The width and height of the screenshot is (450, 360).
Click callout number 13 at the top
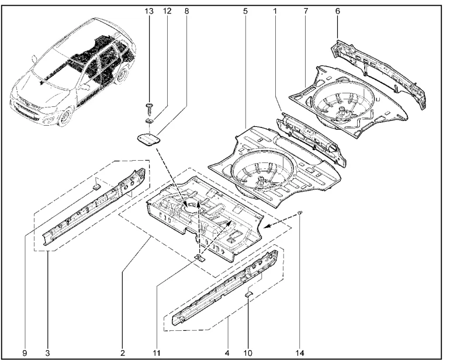149,11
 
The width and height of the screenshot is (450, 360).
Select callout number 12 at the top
167,11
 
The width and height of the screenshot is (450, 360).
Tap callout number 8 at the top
186,11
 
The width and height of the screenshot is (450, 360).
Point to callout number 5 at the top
245,11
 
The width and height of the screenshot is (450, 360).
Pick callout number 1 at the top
275,11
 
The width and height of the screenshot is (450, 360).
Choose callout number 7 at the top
306,11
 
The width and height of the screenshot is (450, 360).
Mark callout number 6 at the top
338,11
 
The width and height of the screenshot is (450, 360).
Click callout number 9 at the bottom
25,353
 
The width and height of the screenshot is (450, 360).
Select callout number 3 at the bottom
48,353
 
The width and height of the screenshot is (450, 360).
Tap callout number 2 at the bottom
123,353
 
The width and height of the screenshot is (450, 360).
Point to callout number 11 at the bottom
157,353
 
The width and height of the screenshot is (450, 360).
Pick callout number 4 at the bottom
227,353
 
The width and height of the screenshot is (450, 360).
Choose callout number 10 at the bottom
248,353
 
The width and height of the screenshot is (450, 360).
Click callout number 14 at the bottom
300,353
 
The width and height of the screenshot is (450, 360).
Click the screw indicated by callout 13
150,109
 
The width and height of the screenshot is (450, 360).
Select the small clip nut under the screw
149,120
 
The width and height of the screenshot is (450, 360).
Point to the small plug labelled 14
300,212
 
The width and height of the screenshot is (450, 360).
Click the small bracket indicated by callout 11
199,258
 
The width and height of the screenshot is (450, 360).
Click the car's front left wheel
65,117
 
